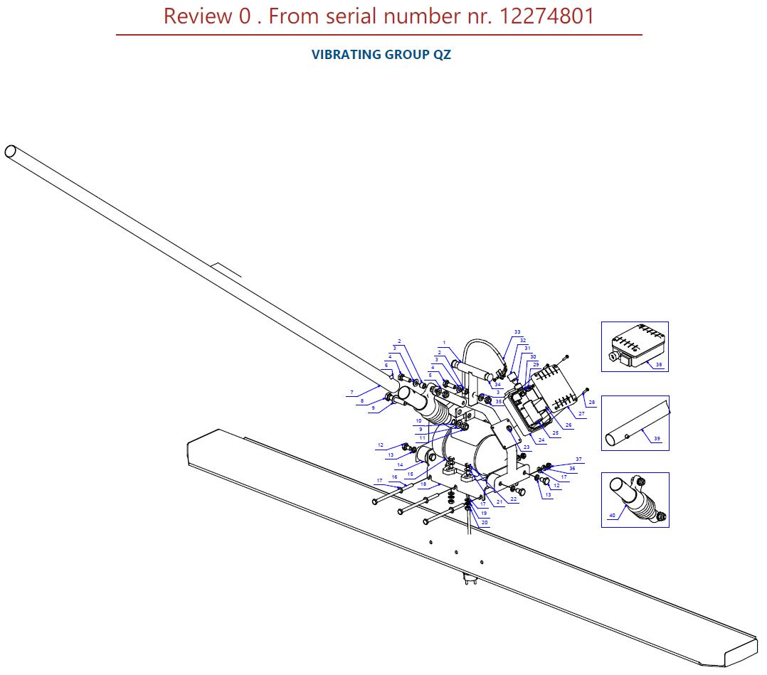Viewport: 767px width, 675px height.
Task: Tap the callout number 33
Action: click(x=517, y=332)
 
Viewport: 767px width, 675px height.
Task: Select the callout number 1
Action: click(x=444, y=343)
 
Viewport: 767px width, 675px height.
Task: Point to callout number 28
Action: click(x=591, y=402)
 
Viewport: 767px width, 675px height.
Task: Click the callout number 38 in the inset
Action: click(x=658, y=364)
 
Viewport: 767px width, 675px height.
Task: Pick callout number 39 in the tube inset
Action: click(x=657, y=439)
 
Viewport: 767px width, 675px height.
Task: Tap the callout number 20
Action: click(x=485, y=522)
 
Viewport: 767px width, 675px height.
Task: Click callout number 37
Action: click(x=578, y=459)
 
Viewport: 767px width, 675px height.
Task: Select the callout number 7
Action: click(x=351, y=392)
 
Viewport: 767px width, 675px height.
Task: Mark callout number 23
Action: click(x=527, y=447)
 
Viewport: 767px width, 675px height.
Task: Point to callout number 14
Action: click(x=401, y=464)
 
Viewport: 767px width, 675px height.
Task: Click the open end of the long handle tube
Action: click(x=11, y=152)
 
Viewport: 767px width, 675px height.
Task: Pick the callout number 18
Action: click(x=423, y=484)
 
